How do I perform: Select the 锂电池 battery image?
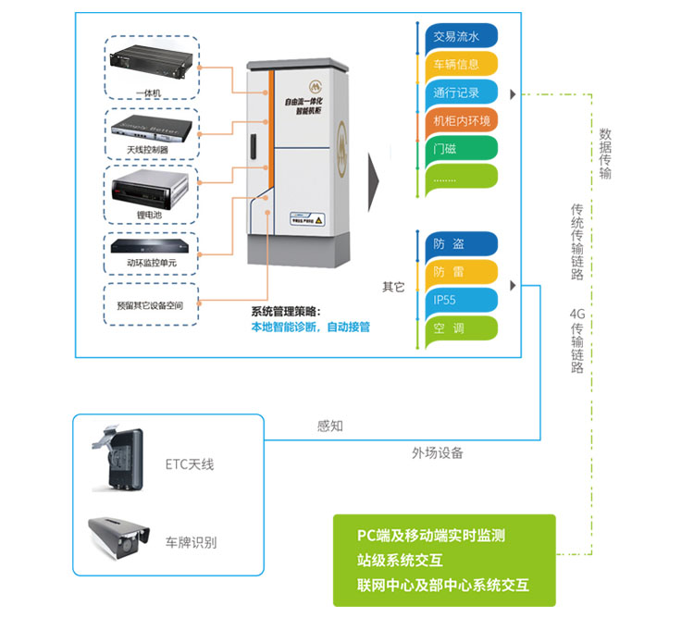pyautogui.click(x=151, y=189)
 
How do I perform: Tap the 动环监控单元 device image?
pyautogui.click(x=151, y=247)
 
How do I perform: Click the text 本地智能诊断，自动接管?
pyautogui.click(x=311, y=328)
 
